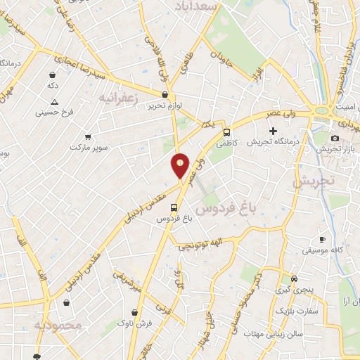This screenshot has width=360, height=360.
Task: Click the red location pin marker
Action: tap(181, 165)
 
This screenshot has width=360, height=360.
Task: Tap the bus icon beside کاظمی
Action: tap(226, 132)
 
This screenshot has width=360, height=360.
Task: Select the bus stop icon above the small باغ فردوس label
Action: tap(174, 207)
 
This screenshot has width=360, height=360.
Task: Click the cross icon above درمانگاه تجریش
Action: tap(274, 131)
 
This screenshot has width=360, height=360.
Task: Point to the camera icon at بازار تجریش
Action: tap(335, 138)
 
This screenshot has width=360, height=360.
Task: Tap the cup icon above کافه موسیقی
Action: tap(323, 239)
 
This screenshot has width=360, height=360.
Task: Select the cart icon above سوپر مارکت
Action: tap(88, 137)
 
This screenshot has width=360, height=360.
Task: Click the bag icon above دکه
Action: tap(53, 75)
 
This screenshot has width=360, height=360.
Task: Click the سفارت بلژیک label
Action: tap(297, 310)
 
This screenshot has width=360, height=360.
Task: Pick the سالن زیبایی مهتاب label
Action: tap(273, 333)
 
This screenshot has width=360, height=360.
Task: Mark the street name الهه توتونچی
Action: tap(202, 245)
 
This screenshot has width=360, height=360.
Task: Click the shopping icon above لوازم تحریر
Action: tap(165, 94)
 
